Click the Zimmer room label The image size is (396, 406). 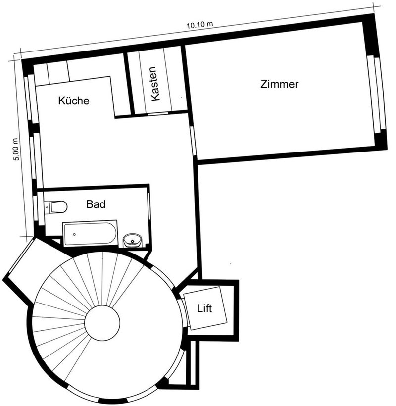tap(279, 84)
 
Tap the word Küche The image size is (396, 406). tap(74, 101)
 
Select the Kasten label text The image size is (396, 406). tap(155, 84)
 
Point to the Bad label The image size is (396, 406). tap(96, 203)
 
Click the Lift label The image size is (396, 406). tap(204, 309)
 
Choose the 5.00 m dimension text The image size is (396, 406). tap(16, 150)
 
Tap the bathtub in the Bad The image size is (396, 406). tap(90, 233)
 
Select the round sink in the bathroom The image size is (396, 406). tap(132, 241)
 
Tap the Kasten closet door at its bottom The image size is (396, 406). tap(157, 114)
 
